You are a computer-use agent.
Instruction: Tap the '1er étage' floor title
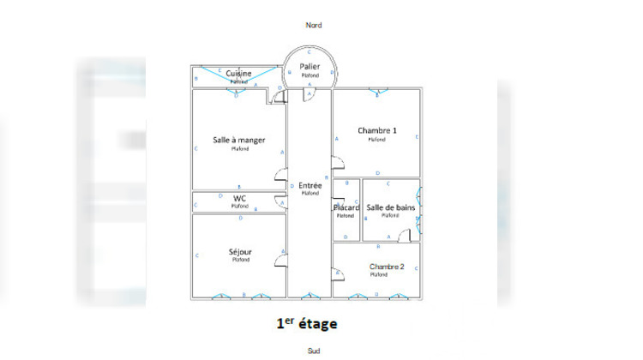[307, 324]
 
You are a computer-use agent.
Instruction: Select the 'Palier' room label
[309, 66]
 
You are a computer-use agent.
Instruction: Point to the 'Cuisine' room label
[239, 74]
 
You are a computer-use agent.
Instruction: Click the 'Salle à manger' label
[239, 140]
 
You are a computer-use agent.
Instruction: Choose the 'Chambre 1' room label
[376, 130]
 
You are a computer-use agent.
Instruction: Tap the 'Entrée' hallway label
[309, 185]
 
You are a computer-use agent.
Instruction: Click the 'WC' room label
[239, 198]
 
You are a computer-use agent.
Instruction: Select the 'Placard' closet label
[346, 207]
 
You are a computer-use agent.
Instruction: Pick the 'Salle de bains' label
[389, 207]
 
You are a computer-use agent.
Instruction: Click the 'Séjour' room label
[239, 252]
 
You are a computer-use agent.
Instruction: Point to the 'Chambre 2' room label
[388, 267]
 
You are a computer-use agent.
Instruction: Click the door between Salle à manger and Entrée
[280, 177]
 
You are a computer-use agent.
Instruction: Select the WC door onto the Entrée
[281, 204]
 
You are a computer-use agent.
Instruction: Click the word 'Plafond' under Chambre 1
[376, 139]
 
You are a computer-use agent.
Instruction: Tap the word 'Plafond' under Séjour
[239, 260]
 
